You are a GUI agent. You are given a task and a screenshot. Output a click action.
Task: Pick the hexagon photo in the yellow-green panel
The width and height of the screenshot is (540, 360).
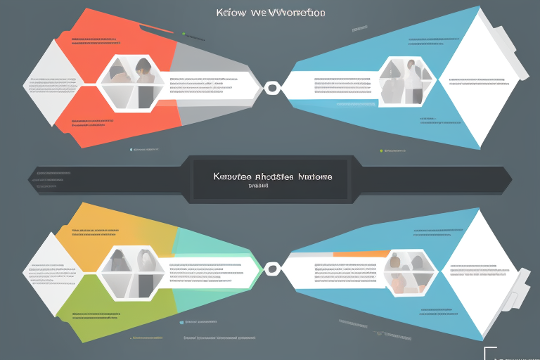(x=129, y=271)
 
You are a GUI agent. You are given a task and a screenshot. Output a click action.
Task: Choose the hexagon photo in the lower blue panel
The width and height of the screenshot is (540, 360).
(x=409, y=271)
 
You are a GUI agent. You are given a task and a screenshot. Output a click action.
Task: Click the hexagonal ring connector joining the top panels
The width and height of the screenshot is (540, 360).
(x=271, y=89)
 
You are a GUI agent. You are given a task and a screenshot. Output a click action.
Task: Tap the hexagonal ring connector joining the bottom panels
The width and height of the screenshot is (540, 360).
(x=271, y=269)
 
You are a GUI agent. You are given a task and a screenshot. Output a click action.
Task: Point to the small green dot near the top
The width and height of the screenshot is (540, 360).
(x=184, y=33)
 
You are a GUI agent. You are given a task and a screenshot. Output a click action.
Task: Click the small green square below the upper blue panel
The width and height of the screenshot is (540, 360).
(x=381, y=150)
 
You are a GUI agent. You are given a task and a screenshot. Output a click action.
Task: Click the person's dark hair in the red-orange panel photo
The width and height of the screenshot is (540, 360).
(x=144, y=65)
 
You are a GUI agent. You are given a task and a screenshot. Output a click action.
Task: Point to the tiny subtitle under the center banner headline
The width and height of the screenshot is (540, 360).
(x=259, y=187)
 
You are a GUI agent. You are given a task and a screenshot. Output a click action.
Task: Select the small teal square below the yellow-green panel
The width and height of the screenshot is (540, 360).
(x=181, y=323)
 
